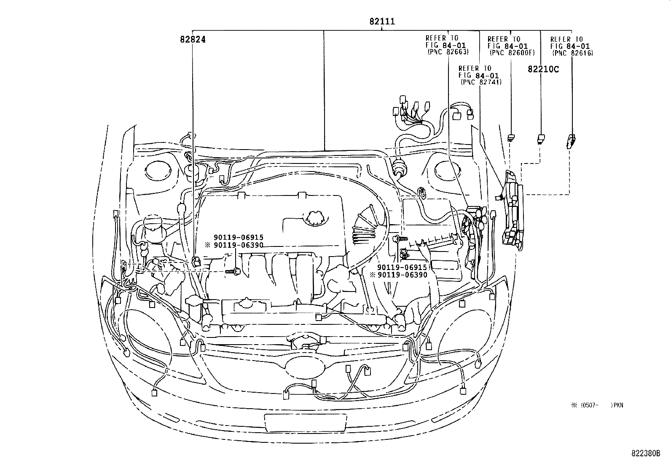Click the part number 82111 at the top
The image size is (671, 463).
point(382,21)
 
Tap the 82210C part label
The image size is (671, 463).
point(543,69)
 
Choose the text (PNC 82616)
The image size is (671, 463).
point(572,53)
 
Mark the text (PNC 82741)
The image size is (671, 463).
point(480,82)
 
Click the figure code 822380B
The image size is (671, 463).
point(645,454)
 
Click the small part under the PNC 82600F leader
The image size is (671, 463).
point(511,137)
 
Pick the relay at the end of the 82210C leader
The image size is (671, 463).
point(541,138)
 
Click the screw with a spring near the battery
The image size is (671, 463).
point(400,238)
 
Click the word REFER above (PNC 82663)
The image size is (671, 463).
point(435,38)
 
